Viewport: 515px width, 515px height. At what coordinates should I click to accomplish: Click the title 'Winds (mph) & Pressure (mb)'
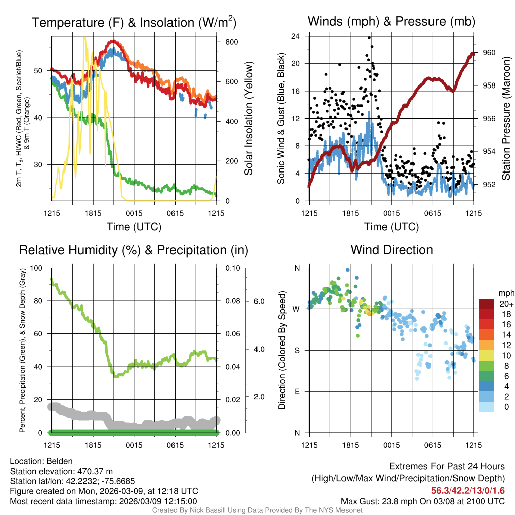[x=391, y=22]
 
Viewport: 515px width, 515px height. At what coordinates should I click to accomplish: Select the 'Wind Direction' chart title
[x=391, y=250]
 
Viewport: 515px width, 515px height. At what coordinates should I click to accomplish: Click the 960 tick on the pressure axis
[x=489, y=53]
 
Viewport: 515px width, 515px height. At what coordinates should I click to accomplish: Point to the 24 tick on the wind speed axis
[x=296, y=36]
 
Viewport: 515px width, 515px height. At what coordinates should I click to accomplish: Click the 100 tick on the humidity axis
[x=37, y=268]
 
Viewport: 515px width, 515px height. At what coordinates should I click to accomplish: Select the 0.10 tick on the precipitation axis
[x=232, y=268]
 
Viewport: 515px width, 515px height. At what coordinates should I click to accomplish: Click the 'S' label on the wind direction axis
[x=297, y=350]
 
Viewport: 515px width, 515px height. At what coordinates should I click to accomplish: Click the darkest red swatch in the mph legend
[x=487, y=304]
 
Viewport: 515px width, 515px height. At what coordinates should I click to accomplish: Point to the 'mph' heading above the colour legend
[x=505, y=293]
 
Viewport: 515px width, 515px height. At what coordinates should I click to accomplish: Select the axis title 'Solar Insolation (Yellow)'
[x=248, y=119]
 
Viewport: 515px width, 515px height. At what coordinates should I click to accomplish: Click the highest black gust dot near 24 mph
[x=369, y=37]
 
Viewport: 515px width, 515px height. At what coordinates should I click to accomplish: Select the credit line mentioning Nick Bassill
[x=257, y=510]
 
